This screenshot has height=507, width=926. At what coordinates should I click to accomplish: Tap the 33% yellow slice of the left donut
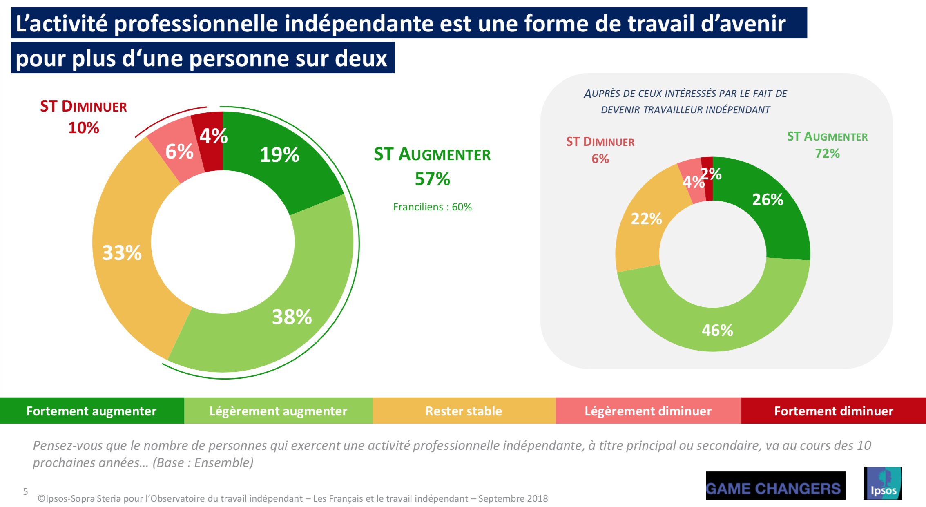click(122, 253)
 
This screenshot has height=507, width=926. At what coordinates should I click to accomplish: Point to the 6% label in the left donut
click(179, 152)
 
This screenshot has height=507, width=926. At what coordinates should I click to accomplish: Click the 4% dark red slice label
click(213, 136)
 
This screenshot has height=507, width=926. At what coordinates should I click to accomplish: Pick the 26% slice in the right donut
click(768, 200)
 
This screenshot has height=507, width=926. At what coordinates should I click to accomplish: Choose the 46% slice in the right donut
click(717, 330)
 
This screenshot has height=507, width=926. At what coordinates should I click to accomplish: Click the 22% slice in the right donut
click(646, 219)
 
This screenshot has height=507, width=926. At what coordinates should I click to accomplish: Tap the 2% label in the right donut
click(712, 174)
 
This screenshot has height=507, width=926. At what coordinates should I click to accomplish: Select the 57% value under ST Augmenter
click(432, 179)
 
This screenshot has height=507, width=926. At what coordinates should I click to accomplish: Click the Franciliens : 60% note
click(432, 207)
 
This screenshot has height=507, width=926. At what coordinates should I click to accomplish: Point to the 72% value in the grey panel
click(827, 154)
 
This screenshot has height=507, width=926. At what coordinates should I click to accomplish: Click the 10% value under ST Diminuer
click(83, 128)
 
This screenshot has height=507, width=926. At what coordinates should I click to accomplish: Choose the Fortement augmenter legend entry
click(91, 411)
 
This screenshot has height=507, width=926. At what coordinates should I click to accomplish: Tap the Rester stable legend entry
click(464, 411)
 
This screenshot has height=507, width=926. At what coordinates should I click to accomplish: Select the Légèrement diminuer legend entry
click(648, 411)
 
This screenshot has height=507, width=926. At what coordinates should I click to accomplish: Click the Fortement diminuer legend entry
click(833, 411)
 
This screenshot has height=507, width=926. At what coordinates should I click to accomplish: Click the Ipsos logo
click(882, 483)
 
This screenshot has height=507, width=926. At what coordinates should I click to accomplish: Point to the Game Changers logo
click(775, 486)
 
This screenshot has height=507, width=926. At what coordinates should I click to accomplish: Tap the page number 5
click(25, 491)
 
